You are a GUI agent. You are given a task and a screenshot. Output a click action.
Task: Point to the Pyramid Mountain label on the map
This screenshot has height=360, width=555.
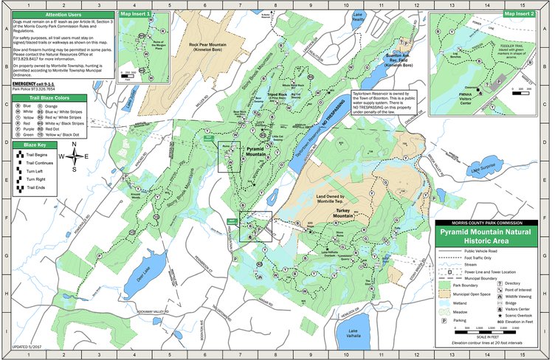click(x=259, y=151)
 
